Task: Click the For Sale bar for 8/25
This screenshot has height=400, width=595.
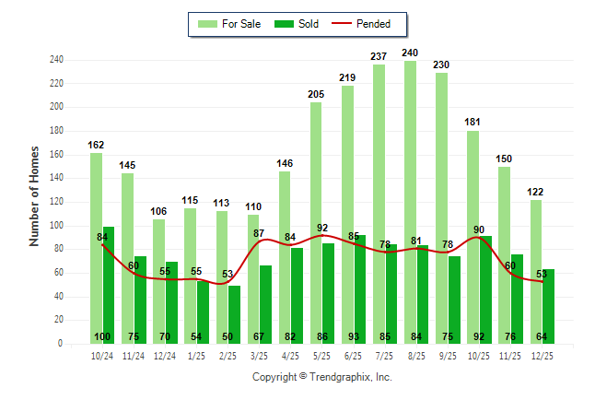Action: coord(410,202)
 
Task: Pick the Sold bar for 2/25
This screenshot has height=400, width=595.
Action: coord(234,314)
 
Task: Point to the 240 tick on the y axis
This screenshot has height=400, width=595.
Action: coord(56,60)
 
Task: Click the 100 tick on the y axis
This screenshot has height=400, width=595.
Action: coord(56,226)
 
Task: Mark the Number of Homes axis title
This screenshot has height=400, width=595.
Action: coord(35,195)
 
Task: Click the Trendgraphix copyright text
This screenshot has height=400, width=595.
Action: coord(321,377)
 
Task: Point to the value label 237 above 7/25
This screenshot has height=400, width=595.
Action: coord(379,56)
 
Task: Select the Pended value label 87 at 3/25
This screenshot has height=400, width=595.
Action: coord(260,233)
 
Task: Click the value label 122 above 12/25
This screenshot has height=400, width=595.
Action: coord(536,192)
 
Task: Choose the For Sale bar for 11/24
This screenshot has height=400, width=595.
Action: coord(127,258)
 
